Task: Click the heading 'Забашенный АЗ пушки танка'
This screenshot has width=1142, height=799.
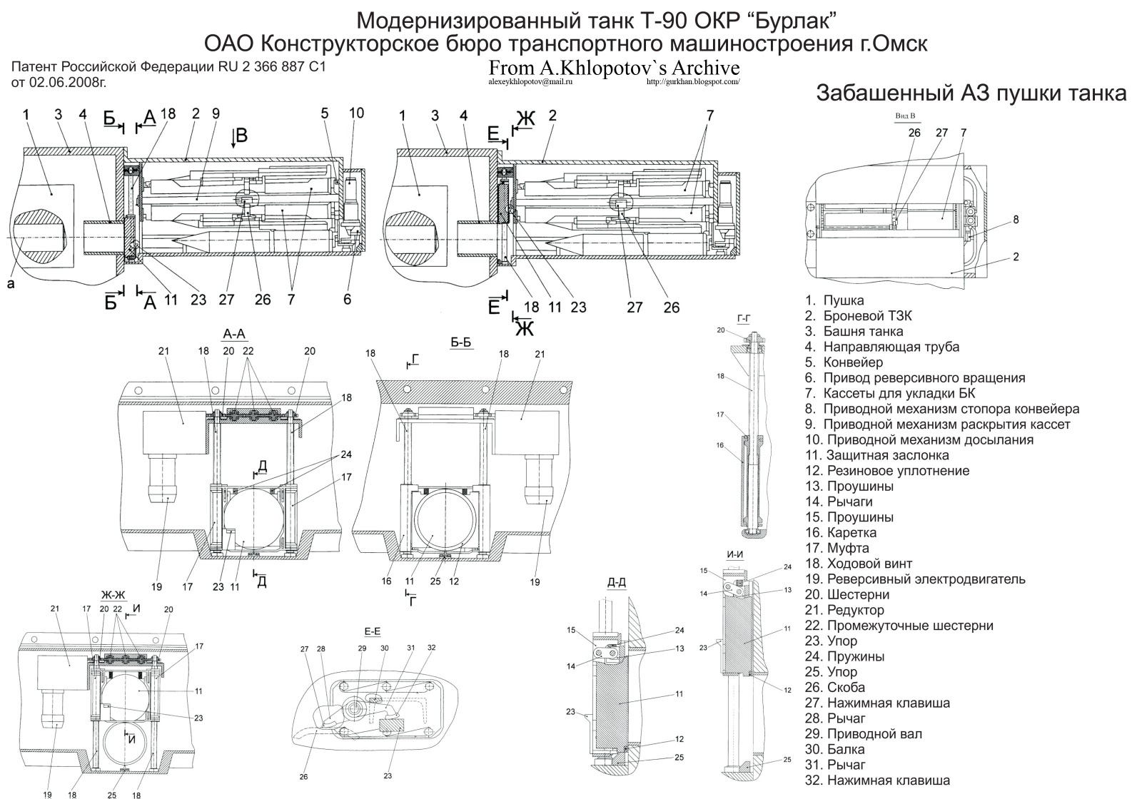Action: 971,93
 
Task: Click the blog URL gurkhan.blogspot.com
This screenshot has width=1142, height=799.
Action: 692,82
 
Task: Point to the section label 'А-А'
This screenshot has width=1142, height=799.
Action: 235,334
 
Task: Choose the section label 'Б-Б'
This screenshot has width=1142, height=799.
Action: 461,342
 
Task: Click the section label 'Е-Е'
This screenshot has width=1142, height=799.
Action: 373,631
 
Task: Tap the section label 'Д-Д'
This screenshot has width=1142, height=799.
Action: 617,583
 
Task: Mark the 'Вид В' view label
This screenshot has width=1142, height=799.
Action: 904,116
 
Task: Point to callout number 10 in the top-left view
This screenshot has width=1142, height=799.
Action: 357,113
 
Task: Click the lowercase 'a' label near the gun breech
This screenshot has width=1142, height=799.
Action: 10,284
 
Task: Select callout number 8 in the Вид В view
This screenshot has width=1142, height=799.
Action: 1016,220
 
